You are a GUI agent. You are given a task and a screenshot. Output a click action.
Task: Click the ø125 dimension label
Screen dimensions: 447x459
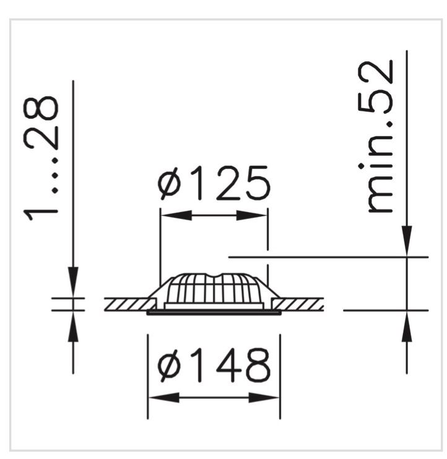coord(214,183)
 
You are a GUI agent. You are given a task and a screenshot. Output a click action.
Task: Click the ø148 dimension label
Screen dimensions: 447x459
coord(214,366)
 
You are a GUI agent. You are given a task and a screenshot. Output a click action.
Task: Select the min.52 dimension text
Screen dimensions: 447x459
coord(376,136)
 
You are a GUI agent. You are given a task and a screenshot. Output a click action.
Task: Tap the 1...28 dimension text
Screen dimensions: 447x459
coord(41,158)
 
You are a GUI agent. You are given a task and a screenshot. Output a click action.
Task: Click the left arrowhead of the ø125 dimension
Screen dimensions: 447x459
coord(176,215)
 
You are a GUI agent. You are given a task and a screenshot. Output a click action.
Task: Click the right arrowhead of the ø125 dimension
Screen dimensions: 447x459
coord(251,215)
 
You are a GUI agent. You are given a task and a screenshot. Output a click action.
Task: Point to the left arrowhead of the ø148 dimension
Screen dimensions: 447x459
coord(164,398)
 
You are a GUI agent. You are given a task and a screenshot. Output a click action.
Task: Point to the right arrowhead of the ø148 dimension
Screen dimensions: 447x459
coord(264,398)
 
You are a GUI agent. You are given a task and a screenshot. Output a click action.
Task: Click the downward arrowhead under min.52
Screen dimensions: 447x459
coord(407,241)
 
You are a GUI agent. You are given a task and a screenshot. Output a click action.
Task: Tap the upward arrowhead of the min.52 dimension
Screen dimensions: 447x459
coord(407,326)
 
